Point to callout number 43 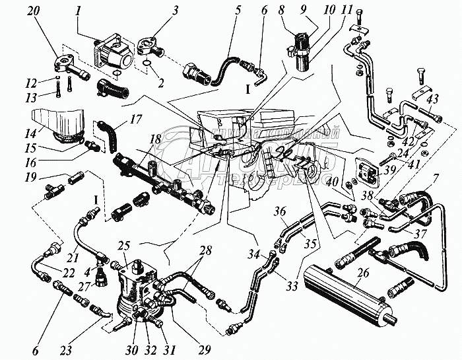pyautogui.click(x=432, y=100)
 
